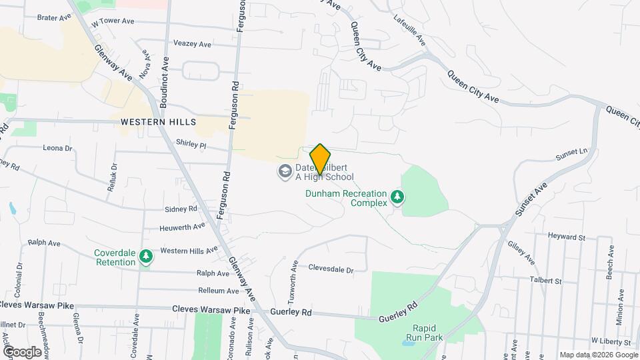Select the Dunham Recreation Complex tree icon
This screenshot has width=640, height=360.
[x=397, y=197]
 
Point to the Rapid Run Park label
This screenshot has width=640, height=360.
[x=427, y=333]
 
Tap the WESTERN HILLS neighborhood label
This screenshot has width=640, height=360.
[x=159, y=122]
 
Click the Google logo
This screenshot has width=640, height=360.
[x=22, y=351]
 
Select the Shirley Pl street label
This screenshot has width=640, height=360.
[x=192, y=143]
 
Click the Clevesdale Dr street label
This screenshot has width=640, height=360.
[x=331, y=269]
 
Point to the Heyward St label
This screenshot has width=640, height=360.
[x=566, y=237]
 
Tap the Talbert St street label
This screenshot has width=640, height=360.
[x=545, y=281]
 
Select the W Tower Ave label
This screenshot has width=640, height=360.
[x=113, y=21]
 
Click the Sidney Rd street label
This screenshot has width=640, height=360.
[x=181, y=209]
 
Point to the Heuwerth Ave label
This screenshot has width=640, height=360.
[x=182, y=227]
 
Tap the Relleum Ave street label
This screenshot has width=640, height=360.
[x=218, y=291]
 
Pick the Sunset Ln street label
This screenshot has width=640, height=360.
[x=572, y=155]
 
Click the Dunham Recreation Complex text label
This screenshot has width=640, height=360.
[x=347, y=198]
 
